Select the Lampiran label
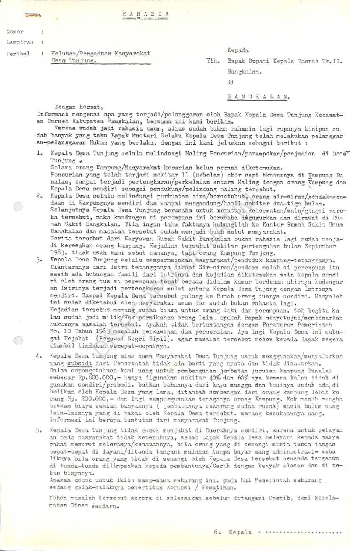[18, 42]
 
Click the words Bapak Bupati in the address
[245, 60]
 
